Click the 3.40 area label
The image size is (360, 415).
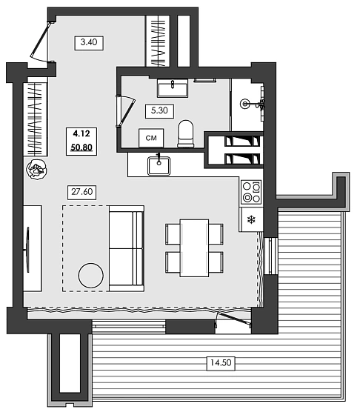click(x=88, y=42)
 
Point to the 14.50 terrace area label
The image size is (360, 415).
click(x=219, y=362)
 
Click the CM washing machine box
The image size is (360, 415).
click(x=151, y=138)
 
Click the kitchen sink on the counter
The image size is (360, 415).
click(x=160, y=165)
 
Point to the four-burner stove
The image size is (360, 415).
click(x=251, y=192)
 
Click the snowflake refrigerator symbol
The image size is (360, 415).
click(x=251, y=220)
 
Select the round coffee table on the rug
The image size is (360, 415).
click(x=92, y=275)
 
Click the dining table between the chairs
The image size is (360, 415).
click(x=194, y=248)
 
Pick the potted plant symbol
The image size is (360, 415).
click(x=35, y=170)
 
